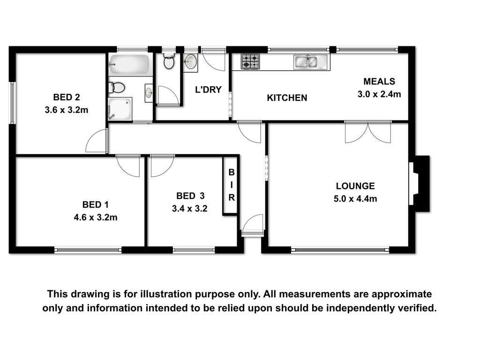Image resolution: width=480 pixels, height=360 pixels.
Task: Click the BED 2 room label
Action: [67, 97]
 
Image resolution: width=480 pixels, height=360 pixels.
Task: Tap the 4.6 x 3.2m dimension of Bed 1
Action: [96, 217]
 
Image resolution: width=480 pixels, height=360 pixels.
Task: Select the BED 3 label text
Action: [190, 196]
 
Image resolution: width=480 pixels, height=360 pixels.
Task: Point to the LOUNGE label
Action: [355, 186]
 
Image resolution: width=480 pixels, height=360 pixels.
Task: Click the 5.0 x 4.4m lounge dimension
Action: [355, 199]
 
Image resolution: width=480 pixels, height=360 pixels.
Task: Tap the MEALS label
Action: [379, 82]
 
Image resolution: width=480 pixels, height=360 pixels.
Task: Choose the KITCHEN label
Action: [287, 98]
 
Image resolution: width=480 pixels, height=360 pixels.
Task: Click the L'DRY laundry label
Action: [208, 90]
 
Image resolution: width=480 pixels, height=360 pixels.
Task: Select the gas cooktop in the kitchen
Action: [250, 61]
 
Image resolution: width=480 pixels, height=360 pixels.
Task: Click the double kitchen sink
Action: [310, 62]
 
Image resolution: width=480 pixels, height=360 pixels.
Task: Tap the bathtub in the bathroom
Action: [129, 64]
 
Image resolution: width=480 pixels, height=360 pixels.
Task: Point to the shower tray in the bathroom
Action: [120, 109]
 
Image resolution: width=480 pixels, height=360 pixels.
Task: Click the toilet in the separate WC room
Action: [169, 60]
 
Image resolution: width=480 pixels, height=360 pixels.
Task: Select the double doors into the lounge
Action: [368, 132]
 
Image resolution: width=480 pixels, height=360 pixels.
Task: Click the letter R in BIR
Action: [232, 198]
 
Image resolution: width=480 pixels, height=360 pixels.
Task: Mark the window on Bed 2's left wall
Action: [12, 103]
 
